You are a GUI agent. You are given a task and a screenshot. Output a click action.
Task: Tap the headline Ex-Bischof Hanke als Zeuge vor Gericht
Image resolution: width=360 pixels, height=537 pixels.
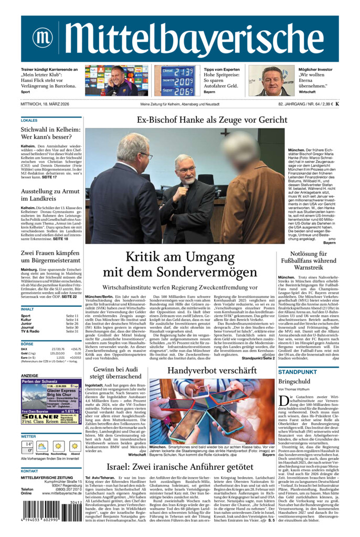click(212, 120)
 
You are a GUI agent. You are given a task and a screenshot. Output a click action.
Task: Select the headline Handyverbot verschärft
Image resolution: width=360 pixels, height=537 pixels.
click(211, 371)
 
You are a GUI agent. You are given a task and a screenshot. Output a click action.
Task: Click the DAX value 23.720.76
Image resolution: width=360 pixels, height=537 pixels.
click(58, 349)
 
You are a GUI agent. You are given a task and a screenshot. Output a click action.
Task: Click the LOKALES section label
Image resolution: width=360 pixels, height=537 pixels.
click(29, 120)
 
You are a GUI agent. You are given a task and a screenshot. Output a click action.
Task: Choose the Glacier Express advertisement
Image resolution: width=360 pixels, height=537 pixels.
click(51, 401)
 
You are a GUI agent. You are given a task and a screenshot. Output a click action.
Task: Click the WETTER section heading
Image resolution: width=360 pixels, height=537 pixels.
click(28, 436)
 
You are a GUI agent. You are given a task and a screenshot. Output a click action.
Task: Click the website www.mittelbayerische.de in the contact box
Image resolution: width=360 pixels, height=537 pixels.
click(58, 493)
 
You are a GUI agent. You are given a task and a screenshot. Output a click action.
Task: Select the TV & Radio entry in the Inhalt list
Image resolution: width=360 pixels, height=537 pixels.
click(30, 331)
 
